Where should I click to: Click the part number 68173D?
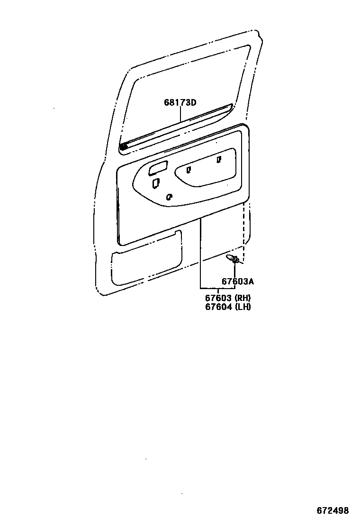[x=180, y=102]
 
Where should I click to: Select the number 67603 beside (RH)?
[x=218, y=298]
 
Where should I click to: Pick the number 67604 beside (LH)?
[x=218, y=307]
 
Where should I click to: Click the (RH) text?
[x=242, y=298]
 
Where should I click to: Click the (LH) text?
[x=242, y=307]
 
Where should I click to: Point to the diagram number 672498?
[x=333, y=510]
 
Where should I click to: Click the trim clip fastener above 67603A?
[x=234, y=259]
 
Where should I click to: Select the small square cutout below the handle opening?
[x=155, y=183]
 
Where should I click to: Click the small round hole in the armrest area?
[x=169, y=197]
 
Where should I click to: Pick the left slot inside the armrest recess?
[x=189, y=169]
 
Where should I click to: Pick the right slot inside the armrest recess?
[x=219, y=160]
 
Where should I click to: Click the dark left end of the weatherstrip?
[x=123, y=147]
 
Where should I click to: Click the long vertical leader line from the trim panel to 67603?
[x=200, y=251]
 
